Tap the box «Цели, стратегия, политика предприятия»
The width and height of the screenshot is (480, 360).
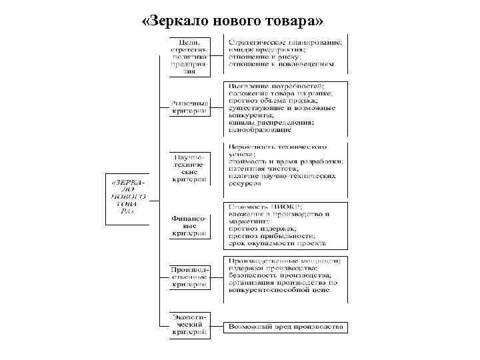click(x=190, y=57)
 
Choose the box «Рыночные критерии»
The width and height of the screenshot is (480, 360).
click(x=190, y=107)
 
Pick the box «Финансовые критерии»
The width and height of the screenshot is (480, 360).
click(x=190, y=225)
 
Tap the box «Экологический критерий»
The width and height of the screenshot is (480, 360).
click(x=190, y=323)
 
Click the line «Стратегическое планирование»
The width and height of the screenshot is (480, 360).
click(x=285, y=42)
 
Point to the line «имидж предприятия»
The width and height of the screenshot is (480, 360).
click(x=267, y=49)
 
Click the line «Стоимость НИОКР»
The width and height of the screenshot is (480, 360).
click(x=265, y=207)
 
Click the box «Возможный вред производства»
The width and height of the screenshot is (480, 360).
click(x=285, y=327)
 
